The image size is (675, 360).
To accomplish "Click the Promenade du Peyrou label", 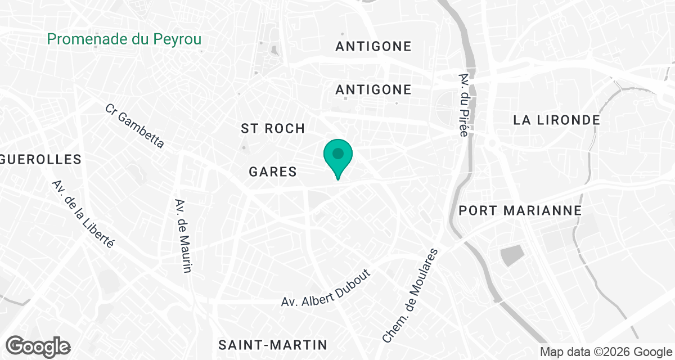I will (124, 39).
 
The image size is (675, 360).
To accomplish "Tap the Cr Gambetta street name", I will (135, 126).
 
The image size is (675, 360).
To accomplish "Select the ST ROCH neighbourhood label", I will (273, 128).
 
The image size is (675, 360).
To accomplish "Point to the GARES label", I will (273, 172).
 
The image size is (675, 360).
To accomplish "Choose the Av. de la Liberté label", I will (83, 214).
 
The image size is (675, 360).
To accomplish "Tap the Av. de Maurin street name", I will (183, 236).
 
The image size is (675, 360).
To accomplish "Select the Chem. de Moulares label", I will (410, 296).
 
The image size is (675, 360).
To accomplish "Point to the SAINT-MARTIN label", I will (273, 344).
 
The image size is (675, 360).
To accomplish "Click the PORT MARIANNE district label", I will (520, 210).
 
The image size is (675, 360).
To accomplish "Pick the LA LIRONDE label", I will (556, 120).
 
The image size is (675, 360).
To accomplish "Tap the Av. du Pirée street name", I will (464, 105).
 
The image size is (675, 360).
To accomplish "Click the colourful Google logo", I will (38, 345).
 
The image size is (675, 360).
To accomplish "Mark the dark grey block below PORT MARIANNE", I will (511, 255).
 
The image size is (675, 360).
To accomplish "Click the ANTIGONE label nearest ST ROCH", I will (373, 89).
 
